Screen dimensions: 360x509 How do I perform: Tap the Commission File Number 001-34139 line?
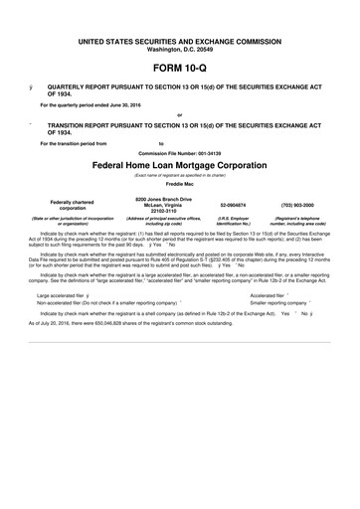point(180,153)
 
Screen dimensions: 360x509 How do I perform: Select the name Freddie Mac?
point(180,185)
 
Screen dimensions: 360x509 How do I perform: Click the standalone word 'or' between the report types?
point(180,114)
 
